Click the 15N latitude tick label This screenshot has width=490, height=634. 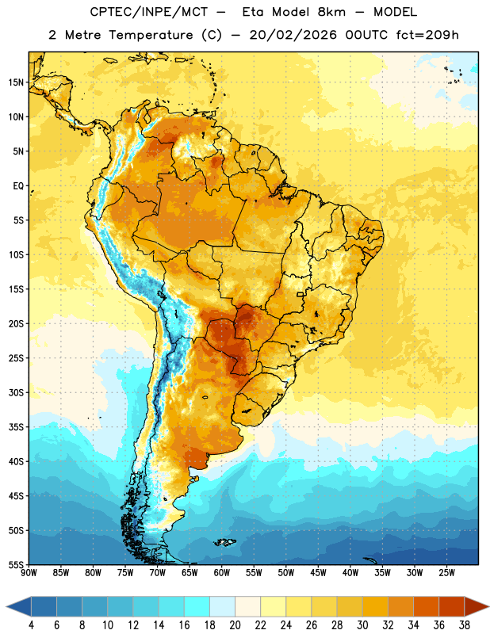(16, 82)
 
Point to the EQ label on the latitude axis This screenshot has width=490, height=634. (18, 186)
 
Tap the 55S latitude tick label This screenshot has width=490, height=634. (16, 564)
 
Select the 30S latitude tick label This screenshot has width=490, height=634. (16, 392)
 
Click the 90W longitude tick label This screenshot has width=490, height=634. (29, 573)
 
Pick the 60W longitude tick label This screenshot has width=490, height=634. (222, 573)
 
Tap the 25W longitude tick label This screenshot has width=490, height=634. (446, 573)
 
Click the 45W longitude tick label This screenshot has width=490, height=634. (318, 573)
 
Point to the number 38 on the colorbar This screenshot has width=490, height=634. (464, 625)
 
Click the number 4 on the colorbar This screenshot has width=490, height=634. (31, 625)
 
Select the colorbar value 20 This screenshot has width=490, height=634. (235, 625)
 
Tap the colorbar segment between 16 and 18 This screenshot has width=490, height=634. (197, 606)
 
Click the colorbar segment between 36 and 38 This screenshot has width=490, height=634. (452, 606)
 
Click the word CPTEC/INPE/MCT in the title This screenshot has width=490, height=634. (149, 12)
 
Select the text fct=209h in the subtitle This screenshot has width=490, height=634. (427, 35)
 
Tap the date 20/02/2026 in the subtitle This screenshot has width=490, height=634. (293, 35)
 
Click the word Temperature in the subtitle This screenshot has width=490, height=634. (151, 35)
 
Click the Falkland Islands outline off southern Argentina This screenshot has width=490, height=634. (224, 542)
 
